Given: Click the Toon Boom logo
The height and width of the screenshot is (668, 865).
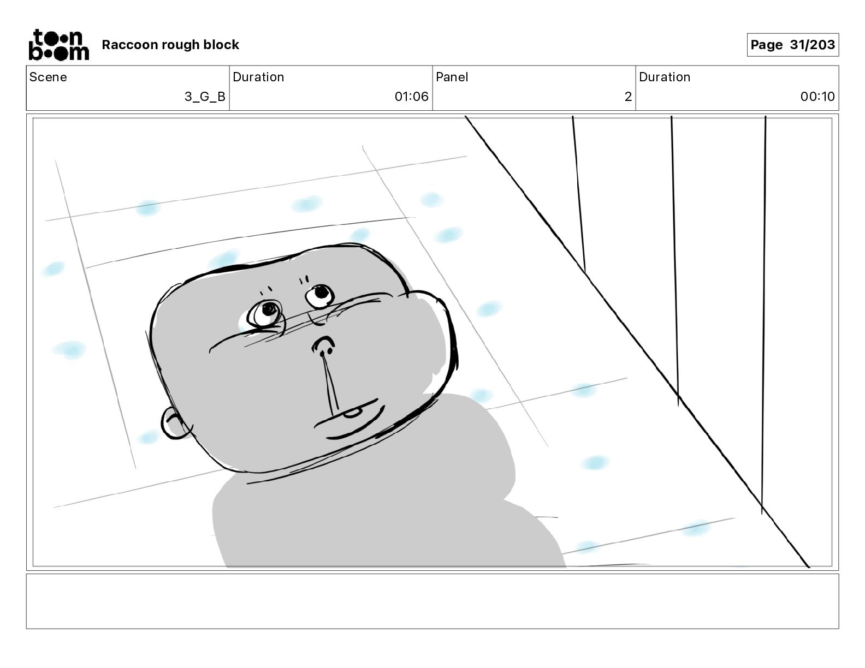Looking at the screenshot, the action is coord(58,45).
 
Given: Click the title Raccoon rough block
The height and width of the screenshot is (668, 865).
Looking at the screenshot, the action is coord(170,45).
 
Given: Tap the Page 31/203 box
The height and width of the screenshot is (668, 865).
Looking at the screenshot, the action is coord(792,45).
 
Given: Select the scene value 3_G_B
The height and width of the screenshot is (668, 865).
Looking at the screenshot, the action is coord(205,97).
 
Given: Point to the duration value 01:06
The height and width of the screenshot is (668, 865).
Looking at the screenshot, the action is coord(411,97).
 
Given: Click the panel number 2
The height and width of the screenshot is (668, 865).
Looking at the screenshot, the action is coord(628,97).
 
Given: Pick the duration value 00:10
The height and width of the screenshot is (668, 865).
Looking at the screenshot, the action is coord(817,97).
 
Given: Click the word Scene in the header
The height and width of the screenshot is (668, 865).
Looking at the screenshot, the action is coord(48,77).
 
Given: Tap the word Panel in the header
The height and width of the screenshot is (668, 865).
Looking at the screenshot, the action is coord(452,77).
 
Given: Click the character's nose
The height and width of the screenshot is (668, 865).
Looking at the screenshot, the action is coord(323,345).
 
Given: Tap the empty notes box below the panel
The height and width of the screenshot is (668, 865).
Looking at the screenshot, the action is coord(432,601).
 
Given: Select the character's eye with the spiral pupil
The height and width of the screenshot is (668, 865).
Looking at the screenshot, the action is coord(266,313).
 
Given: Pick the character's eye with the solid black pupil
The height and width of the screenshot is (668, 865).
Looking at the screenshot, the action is coord(319,295).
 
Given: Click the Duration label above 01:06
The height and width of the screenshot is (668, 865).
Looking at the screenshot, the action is coord(258,77).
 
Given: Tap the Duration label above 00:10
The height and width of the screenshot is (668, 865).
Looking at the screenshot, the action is coord(665,77).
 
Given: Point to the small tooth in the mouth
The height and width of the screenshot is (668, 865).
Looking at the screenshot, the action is coord(352,413).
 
